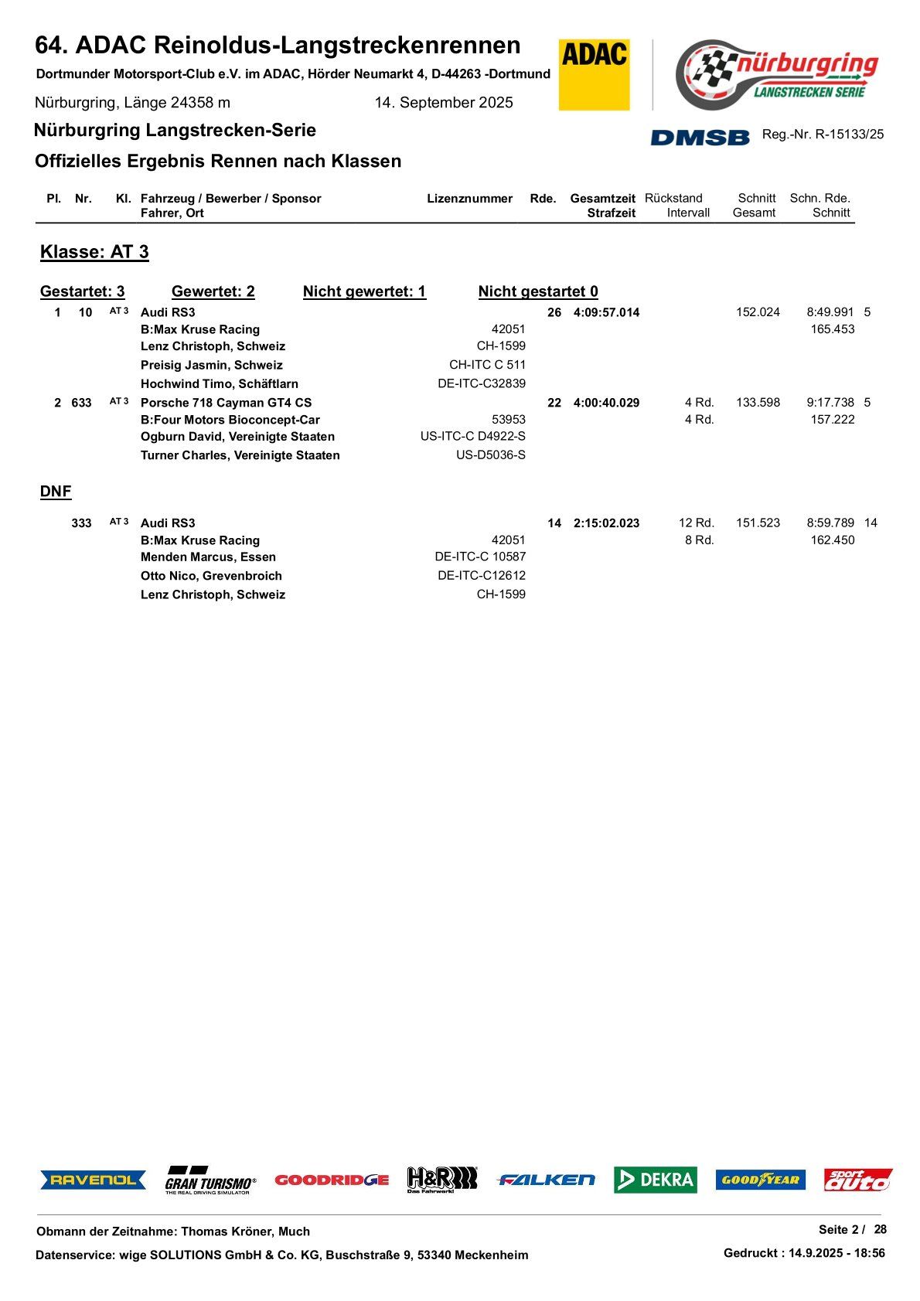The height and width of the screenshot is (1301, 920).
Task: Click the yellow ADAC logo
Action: tap(594, 74)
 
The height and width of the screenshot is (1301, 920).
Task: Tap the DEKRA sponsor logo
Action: tap(655, 1179)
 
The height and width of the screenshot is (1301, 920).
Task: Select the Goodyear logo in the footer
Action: tap(760, 1180)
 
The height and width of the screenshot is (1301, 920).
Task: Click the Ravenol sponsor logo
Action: tap(93, 1180)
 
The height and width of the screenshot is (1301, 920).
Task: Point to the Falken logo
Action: tap(546, 1180)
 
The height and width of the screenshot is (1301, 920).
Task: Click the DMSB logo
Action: tap(700, 137)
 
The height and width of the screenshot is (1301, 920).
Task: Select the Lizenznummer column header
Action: tap(469, 199)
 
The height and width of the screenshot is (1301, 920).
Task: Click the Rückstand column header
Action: tap(673, 199)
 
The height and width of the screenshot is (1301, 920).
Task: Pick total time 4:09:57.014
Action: tap(606, 312)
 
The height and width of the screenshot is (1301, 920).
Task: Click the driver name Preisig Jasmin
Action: tap(211, 365)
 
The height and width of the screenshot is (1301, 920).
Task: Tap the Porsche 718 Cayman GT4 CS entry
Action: tap(226, 403)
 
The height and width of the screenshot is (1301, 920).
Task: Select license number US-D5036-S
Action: tap(490, 455)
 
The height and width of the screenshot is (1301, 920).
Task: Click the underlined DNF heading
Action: tap(56, 492)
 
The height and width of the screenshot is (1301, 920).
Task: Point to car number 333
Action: tap(81, 523)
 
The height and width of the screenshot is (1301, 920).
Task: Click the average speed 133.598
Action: tap(758, 403)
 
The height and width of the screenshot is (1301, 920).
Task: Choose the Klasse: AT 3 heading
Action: tap(94, 252)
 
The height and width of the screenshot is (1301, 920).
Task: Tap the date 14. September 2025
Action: tap(444, 103)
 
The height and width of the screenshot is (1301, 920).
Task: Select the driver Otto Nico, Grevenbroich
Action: tap(211, 576)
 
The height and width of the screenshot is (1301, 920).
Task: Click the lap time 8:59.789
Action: tap(830, 523)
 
